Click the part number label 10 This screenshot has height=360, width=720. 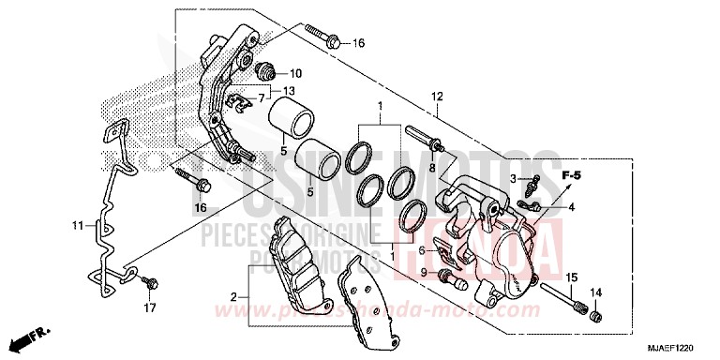[295, 73]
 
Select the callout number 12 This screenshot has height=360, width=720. [436, 97]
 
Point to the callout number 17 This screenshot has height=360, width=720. [150, 307]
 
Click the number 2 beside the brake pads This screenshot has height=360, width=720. [235, 297]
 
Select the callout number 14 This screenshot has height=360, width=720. [595, 292]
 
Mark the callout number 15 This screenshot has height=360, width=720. [570, 277]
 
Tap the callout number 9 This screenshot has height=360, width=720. [424, 272]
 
